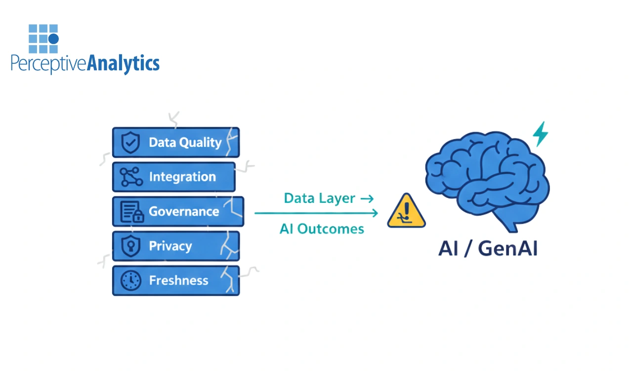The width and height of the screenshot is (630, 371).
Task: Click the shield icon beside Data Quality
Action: click(x=130, y=143)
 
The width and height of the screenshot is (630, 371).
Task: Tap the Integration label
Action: click(x=182, y=177)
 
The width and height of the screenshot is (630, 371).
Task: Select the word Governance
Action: click(x=184, y=212)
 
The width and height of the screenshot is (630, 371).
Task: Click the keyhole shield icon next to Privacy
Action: click(x=130, y=246)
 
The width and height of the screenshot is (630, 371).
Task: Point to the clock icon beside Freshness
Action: click(x=130, y=280)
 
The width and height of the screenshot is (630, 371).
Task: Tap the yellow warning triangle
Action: click(x=406, y=212)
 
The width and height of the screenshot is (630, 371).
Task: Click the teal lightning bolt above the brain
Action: click(x=540, y=134)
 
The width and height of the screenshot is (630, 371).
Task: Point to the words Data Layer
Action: click(x=319, y=198)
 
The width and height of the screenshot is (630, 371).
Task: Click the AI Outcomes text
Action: click(x=322, y=229)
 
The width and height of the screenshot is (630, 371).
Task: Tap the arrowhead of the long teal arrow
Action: click(x=375, y=213)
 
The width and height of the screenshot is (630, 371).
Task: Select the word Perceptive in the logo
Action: click(x=48, y=64)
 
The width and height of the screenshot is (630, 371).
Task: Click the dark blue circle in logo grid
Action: click(x=54, y=38)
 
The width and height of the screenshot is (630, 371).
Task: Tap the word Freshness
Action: click(x=178, y=280)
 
